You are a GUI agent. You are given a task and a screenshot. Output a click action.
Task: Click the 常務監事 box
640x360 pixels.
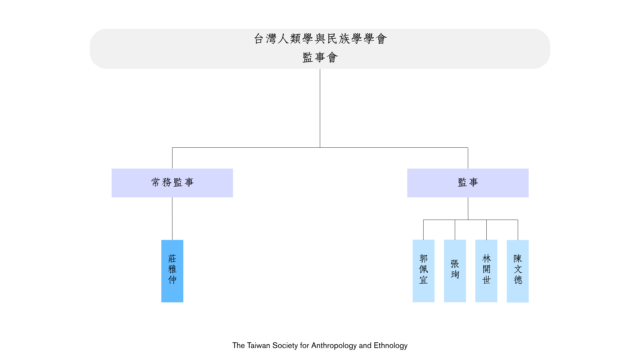(x=172, y=183)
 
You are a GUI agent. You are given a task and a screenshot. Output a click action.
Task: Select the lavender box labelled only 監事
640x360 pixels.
(x=468, y=183)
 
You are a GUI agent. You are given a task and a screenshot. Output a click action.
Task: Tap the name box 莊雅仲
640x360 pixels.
(x=172, y=271)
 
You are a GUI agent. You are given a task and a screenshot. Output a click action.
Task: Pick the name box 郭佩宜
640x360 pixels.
(x=423, y=271)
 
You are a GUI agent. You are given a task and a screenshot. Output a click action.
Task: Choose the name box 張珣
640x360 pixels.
(x=455, y=271)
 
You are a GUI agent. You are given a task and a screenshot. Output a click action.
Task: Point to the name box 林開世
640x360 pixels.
(x=486, y=271)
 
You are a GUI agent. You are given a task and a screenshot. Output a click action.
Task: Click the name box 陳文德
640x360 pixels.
(x=518, y=271)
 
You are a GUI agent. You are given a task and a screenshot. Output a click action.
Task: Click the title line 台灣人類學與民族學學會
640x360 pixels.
(x=320, y=39)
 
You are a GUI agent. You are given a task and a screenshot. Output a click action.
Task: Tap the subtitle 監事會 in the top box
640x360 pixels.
(x=320, y=57)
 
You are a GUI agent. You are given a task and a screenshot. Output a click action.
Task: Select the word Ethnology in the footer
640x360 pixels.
(x=391, y=346)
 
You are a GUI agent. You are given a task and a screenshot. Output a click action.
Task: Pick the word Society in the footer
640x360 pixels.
(x=285, y=346)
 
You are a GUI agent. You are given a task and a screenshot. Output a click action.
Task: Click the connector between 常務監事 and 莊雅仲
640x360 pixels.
(x=172, y=219)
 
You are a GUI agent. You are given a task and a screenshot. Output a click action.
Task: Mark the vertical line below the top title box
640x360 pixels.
(x=320, y=108)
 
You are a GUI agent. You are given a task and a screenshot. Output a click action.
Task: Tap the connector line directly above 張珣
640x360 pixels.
(x=455, y=230)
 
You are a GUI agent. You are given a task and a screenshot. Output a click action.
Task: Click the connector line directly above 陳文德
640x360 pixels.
(x=518, y=230)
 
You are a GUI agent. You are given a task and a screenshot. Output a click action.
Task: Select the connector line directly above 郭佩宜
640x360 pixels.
(x=423, y=230)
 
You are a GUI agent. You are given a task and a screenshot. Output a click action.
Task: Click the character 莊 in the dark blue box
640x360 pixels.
(x=172, y=259)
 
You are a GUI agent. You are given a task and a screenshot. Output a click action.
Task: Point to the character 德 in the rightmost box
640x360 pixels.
(x=518, y=280)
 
